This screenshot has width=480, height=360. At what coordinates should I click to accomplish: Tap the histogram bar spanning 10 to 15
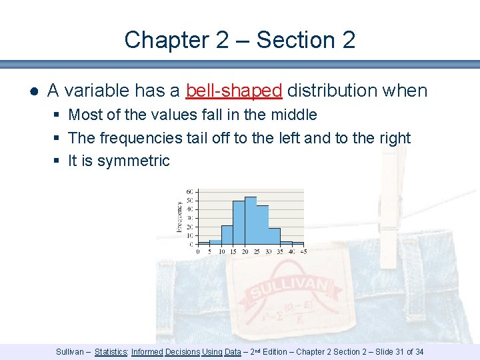click(x=227, y=235)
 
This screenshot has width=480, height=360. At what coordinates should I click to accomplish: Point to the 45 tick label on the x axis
click(x=303, y=252)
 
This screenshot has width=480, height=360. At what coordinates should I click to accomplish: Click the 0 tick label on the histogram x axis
click(x=198, y=252)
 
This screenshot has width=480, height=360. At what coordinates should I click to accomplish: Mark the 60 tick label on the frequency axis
click(x=190, y=192)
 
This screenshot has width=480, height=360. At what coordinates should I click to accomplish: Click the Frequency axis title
click(x=179, y=217)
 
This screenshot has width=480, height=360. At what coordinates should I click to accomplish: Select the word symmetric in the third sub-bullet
click(x=133, y=161)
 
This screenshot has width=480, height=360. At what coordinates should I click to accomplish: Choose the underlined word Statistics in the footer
click(x=111, y=351)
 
